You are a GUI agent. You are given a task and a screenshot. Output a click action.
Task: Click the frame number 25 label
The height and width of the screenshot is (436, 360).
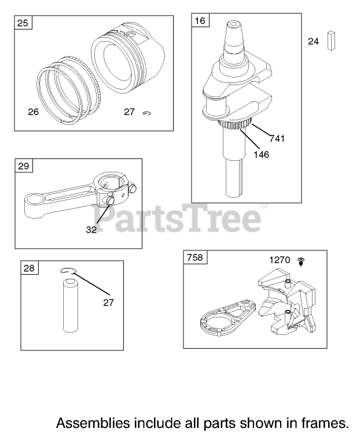click(x=23, y=23)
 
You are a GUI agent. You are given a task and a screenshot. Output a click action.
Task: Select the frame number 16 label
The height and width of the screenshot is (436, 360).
click(x=200, y=20)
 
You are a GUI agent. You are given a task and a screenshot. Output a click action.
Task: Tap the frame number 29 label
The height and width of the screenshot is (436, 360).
click(x=23, y=166)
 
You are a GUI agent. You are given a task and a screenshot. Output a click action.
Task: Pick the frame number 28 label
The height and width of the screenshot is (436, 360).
click(x=29, y=268)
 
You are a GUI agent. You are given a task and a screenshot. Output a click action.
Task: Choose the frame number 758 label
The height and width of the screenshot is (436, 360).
click(x=195, y=257)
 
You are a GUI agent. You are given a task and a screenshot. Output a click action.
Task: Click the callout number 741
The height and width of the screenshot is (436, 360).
click(x=277, y=138)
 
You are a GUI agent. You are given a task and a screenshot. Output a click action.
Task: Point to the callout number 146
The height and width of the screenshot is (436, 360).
click(x=262, y=154)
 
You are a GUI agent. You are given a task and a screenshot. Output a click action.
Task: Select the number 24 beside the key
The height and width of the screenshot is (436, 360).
click(x=313, y=42)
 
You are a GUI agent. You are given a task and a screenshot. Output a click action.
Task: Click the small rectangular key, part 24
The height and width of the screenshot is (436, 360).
click(x=331, y=40)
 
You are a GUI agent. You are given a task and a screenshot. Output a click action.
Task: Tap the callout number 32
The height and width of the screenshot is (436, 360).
click(x=91, y=230)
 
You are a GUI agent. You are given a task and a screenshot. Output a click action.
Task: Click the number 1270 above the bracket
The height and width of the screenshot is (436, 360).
click(x=280, y=260)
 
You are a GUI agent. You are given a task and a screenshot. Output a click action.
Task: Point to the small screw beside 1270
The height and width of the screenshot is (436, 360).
click(x=301, y=261)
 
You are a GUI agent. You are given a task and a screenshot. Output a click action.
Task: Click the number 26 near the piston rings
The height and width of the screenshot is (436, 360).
click(x=34, y=112)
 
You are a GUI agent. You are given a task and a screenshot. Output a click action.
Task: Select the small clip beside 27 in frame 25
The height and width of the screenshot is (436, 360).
click(x=147, y=113)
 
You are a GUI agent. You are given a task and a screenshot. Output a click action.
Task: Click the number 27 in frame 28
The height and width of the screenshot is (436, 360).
click(x=108, y=302)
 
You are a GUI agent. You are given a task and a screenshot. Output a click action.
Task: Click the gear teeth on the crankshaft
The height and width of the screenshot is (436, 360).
click(x=234, y=124)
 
